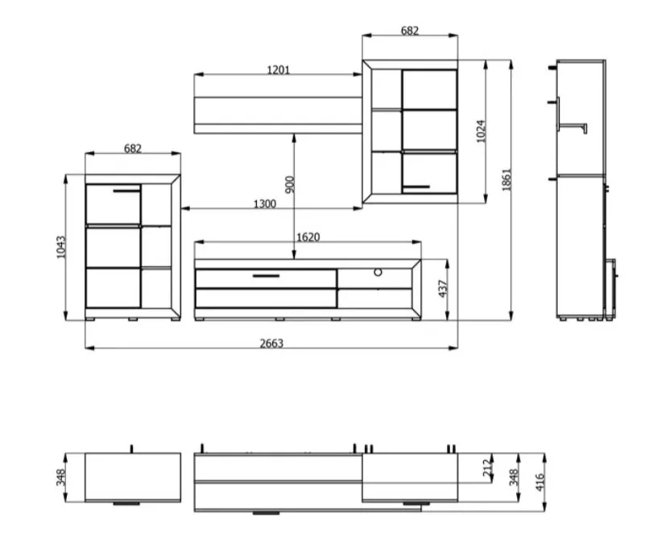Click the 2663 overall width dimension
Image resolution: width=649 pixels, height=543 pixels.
(271, 343)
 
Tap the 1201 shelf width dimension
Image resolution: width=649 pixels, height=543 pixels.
(278, 70)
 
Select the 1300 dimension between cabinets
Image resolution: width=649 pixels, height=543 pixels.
(264, 204)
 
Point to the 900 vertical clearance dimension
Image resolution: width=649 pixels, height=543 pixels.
(290, 184)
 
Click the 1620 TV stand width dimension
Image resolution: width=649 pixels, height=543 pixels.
(308, 237)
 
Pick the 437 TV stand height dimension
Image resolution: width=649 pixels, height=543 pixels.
(443, 289)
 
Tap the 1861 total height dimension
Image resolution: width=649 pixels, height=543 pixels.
(506, 179)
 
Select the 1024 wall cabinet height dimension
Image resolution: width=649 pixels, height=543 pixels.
(481, 131)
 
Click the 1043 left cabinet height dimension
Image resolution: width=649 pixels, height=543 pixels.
(61, 247)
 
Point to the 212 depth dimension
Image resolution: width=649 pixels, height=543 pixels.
(488, 467)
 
